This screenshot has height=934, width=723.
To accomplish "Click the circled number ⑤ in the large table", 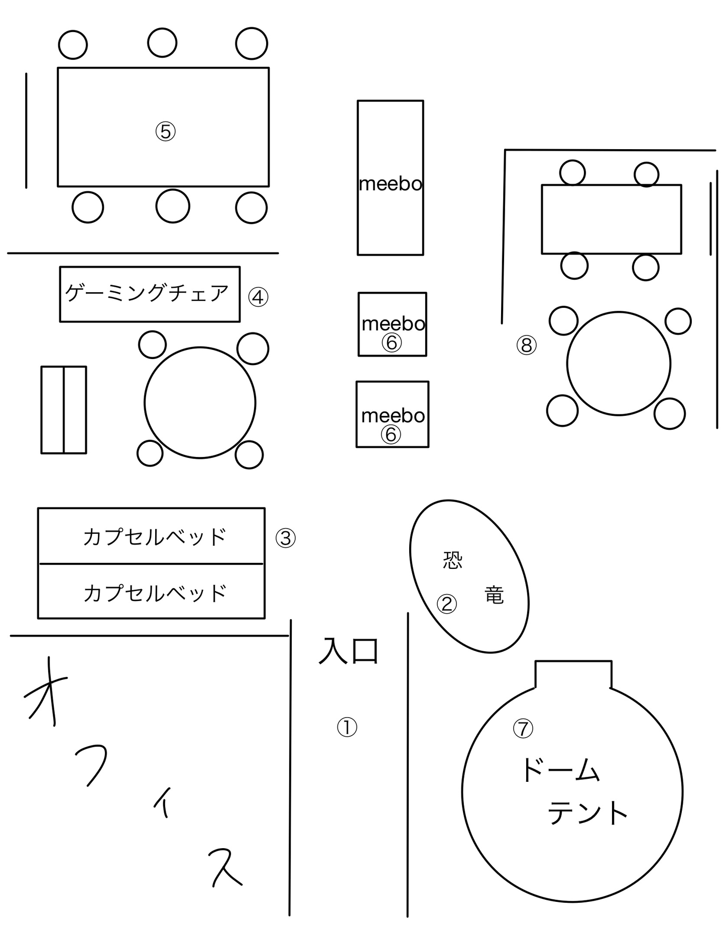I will (x=165, y=132).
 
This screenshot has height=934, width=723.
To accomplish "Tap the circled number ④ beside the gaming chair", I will (x=258, y=297).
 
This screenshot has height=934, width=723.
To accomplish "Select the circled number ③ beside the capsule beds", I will (x=286, y=538).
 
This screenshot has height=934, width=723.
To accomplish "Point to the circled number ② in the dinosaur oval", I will (x=446, y=604).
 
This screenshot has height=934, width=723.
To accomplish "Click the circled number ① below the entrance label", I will (x=347, y=727).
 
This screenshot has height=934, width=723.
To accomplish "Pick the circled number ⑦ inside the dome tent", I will (x=523, y=728).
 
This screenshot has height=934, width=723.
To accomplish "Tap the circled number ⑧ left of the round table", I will (x=527, y=345).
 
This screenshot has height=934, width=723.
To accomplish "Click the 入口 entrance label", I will (x=348, y=651).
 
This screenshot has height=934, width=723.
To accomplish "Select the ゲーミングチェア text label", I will (x=147, y=293).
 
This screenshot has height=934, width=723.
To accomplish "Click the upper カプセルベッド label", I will (x=155, y=537).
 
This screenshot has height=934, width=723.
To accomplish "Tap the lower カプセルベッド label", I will (x=155, y=593).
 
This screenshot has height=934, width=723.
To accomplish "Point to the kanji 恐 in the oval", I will (x=452, y=560).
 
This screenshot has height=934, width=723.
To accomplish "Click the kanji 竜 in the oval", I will (x=494, y=595).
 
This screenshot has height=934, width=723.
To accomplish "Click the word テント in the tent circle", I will (x=587, y=813).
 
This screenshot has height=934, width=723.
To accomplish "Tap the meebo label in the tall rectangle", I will (x=391, y=184).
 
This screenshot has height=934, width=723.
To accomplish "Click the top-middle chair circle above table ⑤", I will (x=162, y=43).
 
